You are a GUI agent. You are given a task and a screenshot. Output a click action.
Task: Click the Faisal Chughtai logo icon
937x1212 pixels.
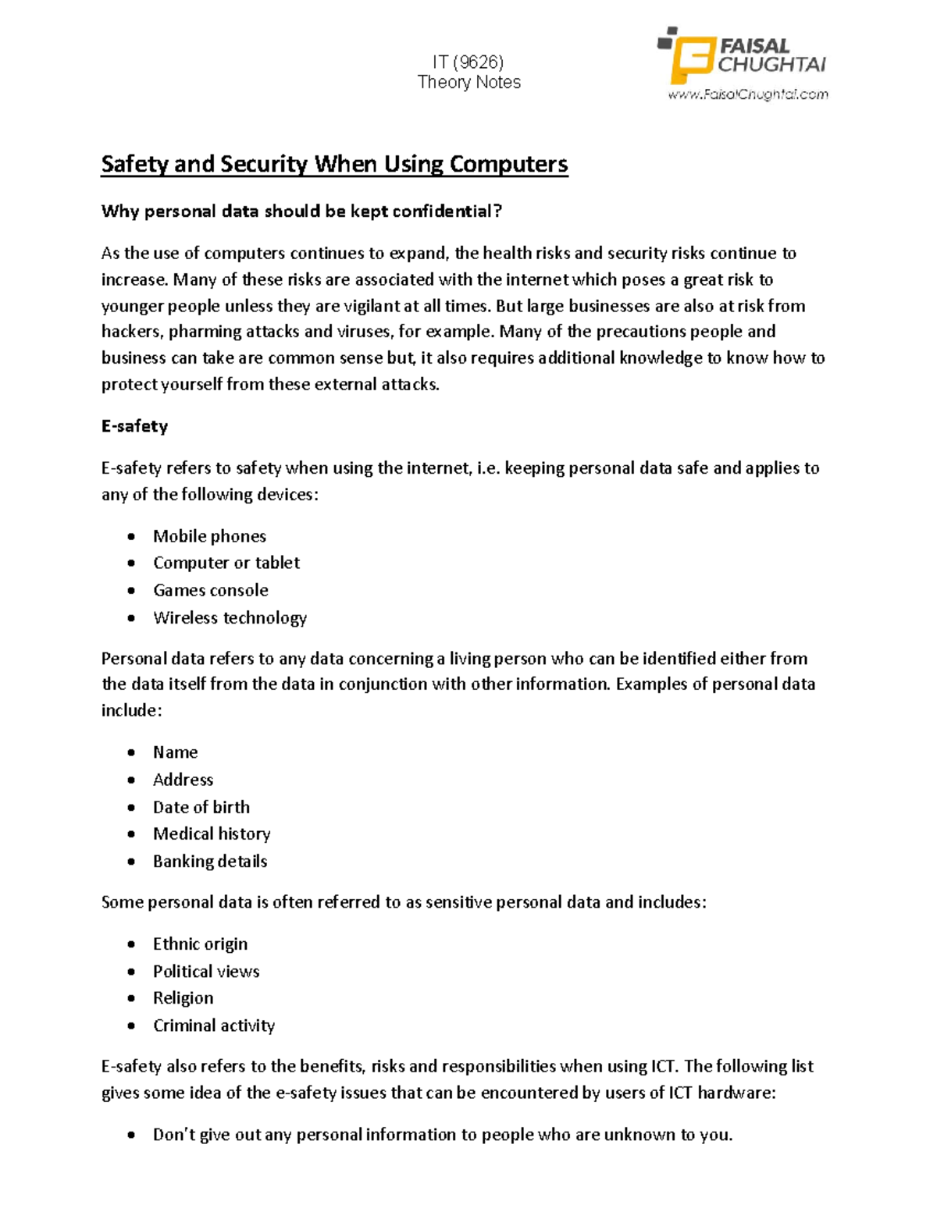(686, 56)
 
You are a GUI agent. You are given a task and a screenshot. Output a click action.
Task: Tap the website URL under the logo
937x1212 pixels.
(747, 94)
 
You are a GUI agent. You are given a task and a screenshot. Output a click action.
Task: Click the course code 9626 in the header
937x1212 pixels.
(478, 62)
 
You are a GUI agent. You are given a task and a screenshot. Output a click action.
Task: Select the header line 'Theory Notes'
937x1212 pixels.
(468, 83)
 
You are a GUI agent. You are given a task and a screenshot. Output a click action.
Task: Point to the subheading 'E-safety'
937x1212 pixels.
(134, 426)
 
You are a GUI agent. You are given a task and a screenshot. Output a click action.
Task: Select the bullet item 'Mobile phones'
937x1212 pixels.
(209, 536)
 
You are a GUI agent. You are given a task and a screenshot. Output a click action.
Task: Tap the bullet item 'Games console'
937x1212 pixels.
(210, 590)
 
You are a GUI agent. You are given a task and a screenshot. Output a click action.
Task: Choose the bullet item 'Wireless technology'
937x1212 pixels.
(230, 617)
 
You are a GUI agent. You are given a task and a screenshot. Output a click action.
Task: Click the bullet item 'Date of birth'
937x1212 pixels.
(201, 807)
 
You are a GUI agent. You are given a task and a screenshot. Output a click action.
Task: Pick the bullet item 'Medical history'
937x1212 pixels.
(212, 833)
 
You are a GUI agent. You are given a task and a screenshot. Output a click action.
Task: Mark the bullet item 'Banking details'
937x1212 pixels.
(210, 861)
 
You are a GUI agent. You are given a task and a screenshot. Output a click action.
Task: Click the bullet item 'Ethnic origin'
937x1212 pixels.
(200, 944)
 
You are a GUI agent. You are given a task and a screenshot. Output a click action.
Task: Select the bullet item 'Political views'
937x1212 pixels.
(206, 971)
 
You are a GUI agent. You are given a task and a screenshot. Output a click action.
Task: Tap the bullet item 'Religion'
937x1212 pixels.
(183, 998)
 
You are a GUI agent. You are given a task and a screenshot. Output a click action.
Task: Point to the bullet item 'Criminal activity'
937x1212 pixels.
(214, 1025)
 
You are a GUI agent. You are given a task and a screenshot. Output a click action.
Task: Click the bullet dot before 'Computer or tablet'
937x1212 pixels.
(131, 563)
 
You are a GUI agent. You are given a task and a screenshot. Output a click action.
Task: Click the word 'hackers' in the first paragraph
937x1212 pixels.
(131, 332)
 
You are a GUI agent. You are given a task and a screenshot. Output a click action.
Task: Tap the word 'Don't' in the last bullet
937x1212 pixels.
(173, 1135)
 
